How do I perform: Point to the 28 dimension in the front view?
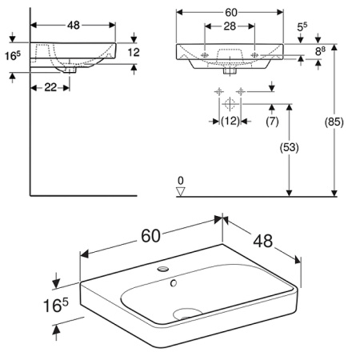pos(228,27)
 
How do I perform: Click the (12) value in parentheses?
pos(230,121)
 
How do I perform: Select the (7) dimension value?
pos(271,121)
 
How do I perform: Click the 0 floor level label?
pos(181,180)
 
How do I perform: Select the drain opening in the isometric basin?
pos(186,311)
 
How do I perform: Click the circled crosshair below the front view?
pos(229,103)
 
